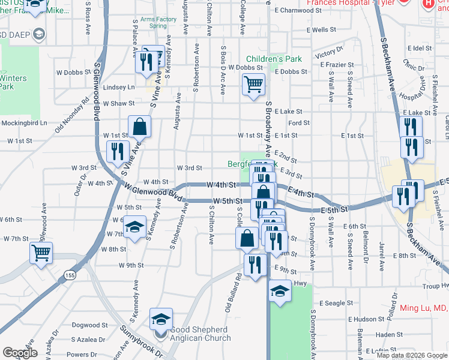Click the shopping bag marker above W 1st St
[x=139, y=127]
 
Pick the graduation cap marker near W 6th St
[x=135, y=227]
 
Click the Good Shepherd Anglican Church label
[x=200, y=334]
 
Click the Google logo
[x=20, y=353]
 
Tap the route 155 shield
[x=71, y=275]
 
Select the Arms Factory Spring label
[x=149, y=23]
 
